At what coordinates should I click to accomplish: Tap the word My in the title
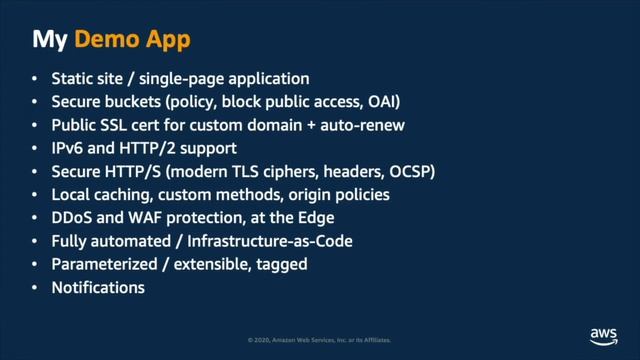click(x=50, y=41)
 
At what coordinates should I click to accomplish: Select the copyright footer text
click(x=319, y=341)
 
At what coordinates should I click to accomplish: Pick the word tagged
click(x=281, y=265)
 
